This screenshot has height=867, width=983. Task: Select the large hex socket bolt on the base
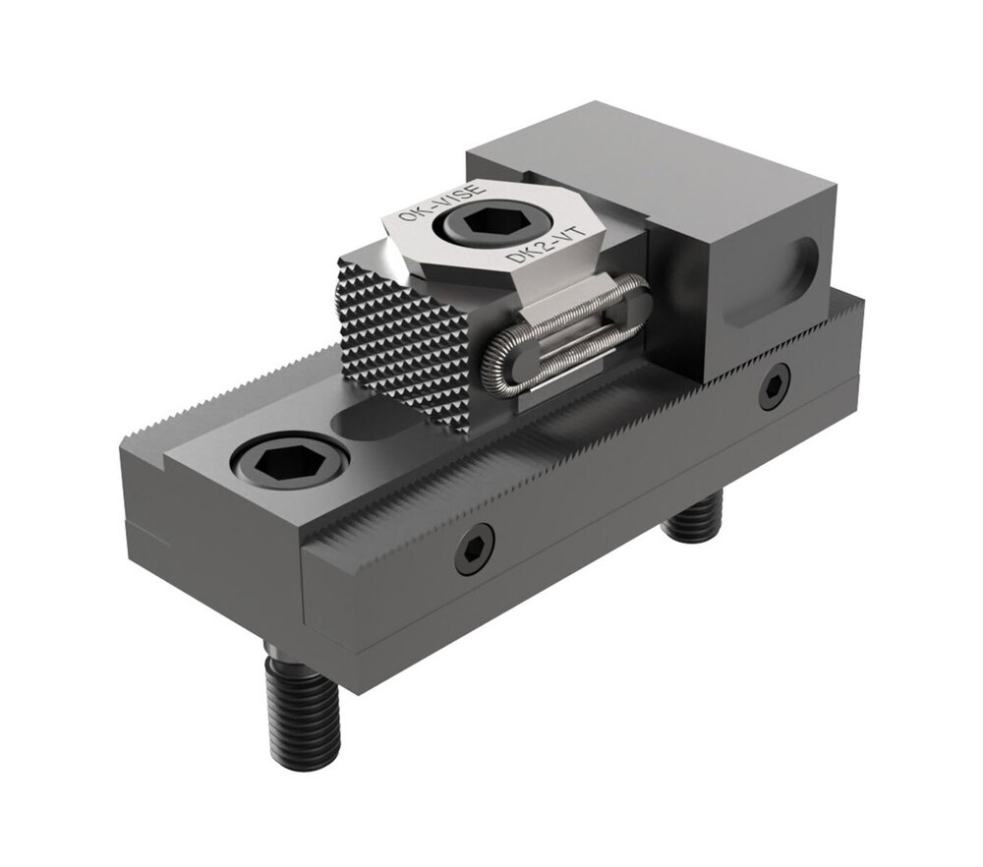click(290, 459)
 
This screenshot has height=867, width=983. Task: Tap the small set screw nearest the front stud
click(475, 549)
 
